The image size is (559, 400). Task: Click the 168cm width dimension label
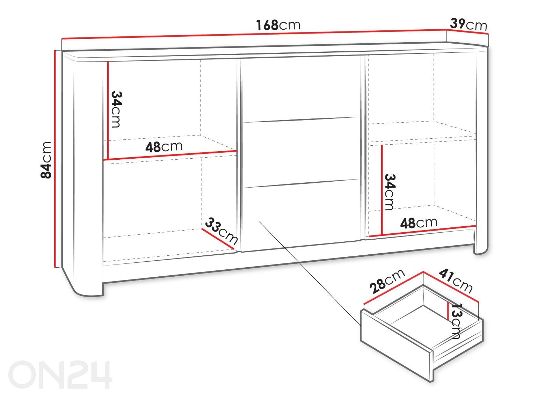278,25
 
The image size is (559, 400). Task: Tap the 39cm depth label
469,24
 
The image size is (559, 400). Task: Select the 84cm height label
46,160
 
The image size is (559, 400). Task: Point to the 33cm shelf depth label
221,231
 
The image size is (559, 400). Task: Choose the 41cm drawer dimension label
456,281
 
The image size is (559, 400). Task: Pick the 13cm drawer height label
456,321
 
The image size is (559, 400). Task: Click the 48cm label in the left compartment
164,147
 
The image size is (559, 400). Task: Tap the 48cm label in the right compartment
419,223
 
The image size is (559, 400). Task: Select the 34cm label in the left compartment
116,110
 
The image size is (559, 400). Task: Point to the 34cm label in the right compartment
390,192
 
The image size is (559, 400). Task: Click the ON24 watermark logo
60,374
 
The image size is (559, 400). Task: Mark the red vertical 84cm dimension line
55,159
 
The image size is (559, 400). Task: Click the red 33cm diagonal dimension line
218,239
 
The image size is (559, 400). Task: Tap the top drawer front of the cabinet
301,90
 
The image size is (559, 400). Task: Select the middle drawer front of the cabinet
302,152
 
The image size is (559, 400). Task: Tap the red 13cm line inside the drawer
449,311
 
